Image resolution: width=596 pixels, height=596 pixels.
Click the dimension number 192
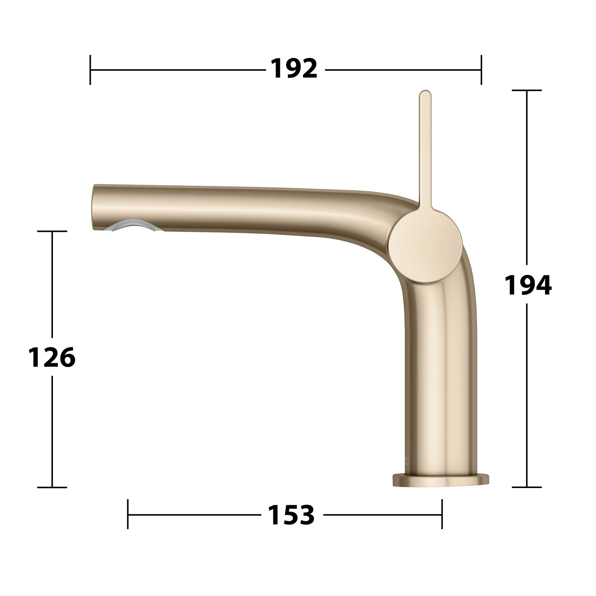tap(294, 69)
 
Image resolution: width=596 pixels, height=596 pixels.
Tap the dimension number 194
tap(528, 286)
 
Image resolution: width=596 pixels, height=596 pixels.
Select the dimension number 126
tap(52, 357)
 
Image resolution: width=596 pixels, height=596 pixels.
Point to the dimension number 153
tap(291, 515)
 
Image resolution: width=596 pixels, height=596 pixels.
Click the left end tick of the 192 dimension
tap(90, 70)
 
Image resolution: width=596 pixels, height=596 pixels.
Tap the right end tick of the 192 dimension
tap(481, 70)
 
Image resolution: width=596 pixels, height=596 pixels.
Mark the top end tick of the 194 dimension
tap(526, 91)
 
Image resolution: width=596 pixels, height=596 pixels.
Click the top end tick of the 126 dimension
tap(52, 231)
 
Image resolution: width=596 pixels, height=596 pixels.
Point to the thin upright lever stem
tap(425, 148)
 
